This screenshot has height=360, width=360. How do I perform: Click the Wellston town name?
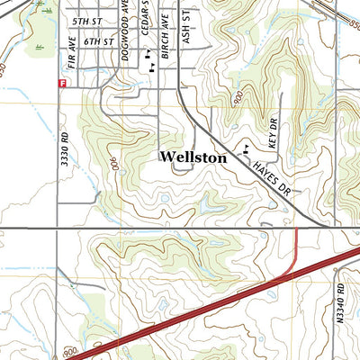point(193,157)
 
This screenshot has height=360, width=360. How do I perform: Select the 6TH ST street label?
point(96,41)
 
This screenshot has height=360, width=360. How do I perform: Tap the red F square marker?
point(61,83)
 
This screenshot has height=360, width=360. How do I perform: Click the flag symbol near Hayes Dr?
point(245,148)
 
